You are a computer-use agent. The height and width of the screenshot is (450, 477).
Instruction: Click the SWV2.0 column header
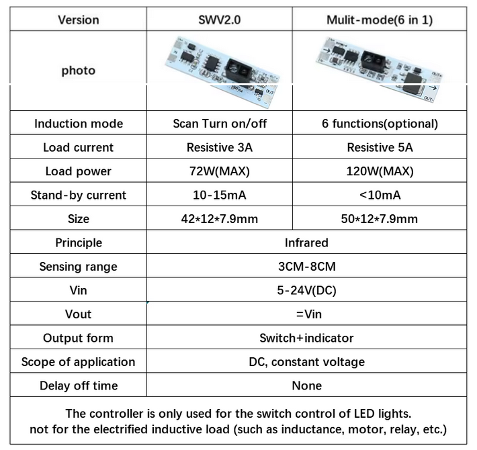pos(219,20)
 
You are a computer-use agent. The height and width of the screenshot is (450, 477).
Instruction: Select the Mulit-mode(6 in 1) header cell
pos(380,20)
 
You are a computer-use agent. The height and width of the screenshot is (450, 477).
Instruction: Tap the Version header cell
pos(79,20)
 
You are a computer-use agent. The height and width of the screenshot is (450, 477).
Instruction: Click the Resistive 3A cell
pos(219,148)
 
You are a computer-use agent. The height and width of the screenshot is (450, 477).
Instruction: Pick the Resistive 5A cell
pos(380,148)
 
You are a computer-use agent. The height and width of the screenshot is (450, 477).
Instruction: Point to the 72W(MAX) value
pos(219,171)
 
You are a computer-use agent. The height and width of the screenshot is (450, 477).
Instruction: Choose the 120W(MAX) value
pos(380,171)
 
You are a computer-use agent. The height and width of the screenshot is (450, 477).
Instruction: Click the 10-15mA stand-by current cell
pos(219,195)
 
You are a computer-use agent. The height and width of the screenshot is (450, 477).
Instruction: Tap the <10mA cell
pos(380,195)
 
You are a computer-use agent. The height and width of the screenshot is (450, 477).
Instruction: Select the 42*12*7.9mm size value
pos(219,219)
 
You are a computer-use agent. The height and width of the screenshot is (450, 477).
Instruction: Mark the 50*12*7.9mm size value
pos(380,219)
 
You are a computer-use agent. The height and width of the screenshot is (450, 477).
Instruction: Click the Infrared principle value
pos(306,242)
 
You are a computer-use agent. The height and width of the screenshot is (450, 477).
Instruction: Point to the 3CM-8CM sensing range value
pos(306,267)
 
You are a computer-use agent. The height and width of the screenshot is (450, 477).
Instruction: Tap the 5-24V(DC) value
pos(306,290)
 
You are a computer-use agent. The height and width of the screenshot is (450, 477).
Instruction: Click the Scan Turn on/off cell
pos(220,124)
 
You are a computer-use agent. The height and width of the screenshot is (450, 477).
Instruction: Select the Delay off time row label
pos(79,386)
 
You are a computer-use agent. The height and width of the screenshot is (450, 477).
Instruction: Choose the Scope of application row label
pos(78,362)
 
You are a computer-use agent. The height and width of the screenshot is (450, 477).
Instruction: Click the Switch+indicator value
pos(306,338)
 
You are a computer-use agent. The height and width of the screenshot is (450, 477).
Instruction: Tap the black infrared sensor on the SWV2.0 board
pos(238,70)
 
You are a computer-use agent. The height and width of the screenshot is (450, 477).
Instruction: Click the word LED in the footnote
pos(364,414)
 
